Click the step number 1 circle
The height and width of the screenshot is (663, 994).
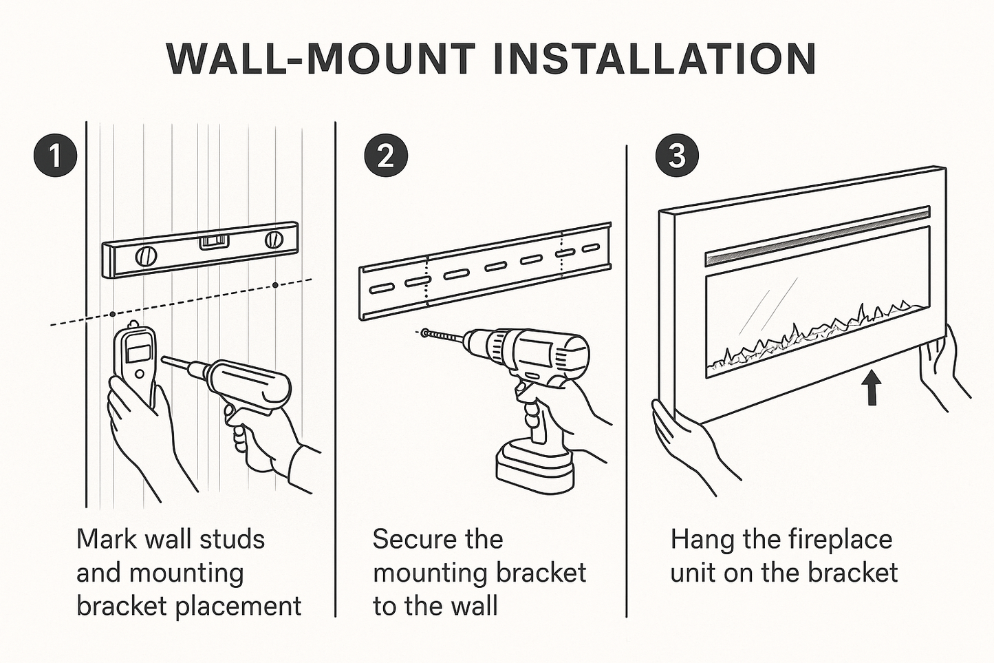coord(55,156)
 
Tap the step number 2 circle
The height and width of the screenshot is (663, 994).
coord(386,156)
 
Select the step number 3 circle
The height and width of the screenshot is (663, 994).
coord(677,156)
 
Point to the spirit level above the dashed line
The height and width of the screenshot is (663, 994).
coord(200,250)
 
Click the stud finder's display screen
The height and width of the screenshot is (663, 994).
coord(139,352)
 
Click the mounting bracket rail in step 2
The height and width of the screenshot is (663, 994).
coord(484,271)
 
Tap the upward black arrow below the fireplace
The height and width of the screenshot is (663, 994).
coord(872,388)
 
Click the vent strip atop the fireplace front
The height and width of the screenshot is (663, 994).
coord(817,233)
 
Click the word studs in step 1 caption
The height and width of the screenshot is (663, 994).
coord(229,539)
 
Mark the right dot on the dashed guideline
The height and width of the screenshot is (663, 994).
coord(275,284)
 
